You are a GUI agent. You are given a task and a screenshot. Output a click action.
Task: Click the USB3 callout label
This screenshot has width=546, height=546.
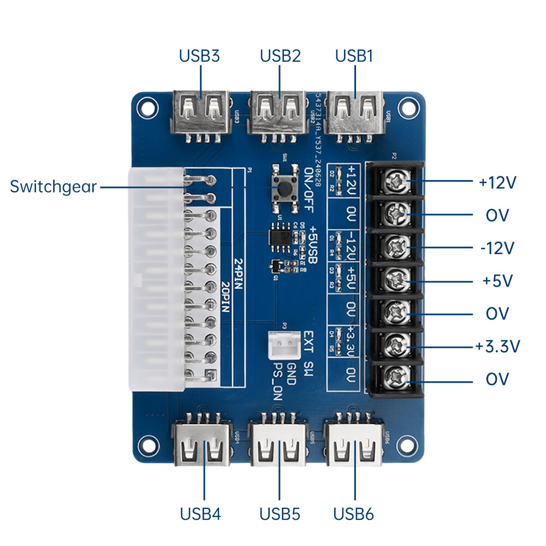199,56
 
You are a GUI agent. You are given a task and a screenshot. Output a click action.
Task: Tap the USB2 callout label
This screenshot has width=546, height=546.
280,56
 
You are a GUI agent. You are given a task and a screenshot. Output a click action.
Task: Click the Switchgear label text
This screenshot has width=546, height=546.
53,187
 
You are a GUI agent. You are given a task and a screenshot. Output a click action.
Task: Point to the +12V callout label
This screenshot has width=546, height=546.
497,183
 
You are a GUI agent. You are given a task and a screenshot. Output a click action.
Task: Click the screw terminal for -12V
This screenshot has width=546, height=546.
397,247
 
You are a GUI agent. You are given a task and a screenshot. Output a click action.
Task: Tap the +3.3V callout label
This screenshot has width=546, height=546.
497,346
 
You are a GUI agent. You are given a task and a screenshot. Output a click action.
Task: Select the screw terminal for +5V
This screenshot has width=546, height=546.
397,280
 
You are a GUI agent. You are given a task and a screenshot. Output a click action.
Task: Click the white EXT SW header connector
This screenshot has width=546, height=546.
283,345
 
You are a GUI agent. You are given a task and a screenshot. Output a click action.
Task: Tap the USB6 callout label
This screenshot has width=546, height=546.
354,514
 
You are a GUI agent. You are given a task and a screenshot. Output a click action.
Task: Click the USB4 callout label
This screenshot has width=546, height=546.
200,514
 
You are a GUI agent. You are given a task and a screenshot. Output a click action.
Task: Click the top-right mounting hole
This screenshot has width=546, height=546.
407,105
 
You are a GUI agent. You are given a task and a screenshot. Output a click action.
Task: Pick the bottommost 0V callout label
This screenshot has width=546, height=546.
497,379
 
